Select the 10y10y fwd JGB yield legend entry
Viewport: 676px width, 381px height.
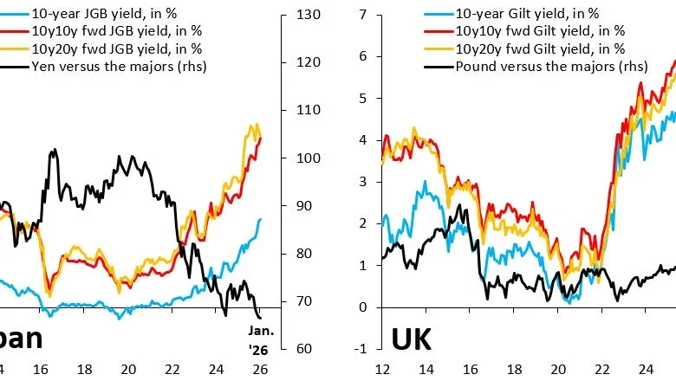click(101, 31)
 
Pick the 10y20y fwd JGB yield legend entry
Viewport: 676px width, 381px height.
click(101, 48)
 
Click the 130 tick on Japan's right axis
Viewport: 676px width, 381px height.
click(309, 16)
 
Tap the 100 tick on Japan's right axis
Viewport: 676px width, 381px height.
click(309, 158)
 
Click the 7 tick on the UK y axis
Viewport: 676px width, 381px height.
click(365, 16)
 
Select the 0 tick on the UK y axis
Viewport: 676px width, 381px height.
click(365, 307)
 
